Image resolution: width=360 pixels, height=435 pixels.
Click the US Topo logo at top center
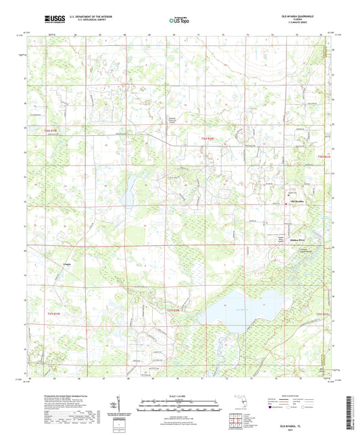click(178, 20)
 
